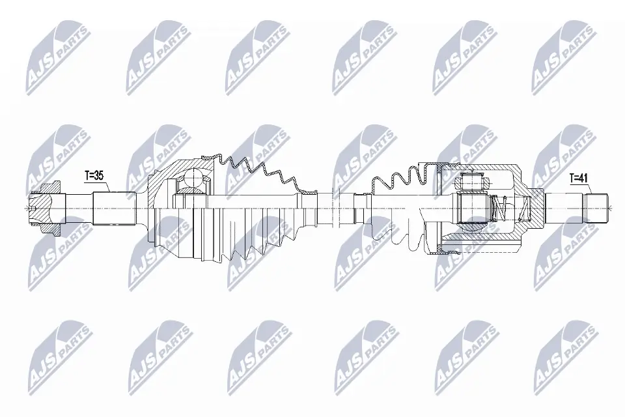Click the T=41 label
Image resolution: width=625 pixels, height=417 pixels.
point(580,177)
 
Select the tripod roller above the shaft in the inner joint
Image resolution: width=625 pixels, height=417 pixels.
point(471,183)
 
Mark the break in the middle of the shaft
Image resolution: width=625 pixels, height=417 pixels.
point(336,207)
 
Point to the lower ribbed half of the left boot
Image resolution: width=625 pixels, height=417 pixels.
point(247,241)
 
